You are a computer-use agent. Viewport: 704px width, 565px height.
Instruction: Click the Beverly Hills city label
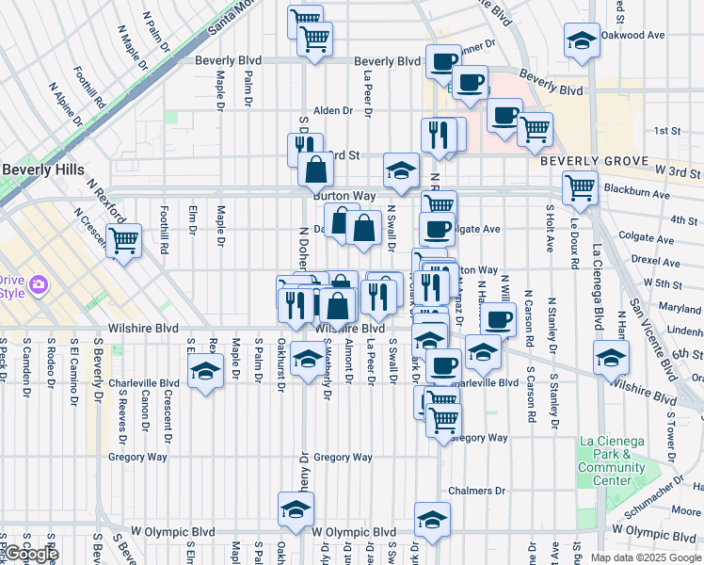coord(42,169)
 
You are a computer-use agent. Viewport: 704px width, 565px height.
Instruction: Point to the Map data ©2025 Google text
coord(647,557)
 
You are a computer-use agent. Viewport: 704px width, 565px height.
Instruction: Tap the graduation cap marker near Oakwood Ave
coord(582,40)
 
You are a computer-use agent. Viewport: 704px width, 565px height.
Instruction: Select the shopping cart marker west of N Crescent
coord(123,240)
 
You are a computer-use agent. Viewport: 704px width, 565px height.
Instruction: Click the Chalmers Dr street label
coord(476,491)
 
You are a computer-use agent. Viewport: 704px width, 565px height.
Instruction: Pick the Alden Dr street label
coord(332,110)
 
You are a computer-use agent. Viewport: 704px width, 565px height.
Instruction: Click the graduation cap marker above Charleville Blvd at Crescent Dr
coord(205,370)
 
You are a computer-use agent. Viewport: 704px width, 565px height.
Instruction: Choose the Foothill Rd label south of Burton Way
coord(164,236)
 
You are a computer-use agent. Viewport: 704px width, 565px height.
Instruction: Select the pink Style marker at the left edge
coord(39,284)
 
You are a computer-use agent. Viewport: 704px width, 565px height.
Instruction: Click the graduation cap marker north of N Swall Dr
coord(401,171)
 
